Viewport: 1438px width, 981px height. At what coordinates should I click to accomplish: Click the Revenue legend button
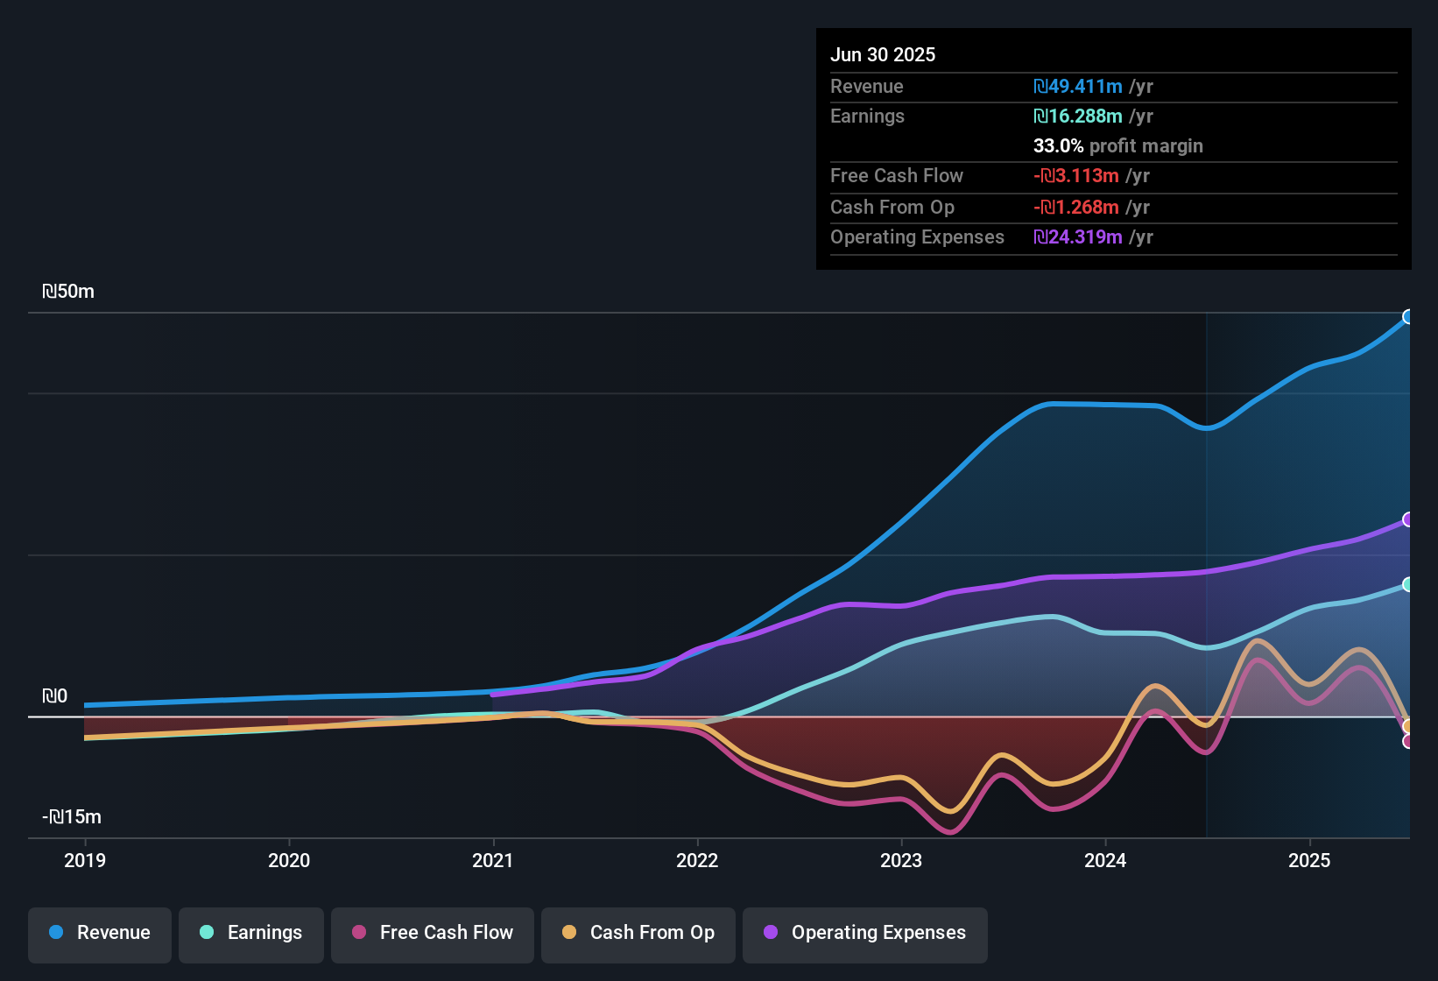click(x=100, y=933)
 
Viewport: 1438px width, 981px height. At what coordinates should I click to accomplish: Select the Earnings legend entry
click(x=251, y=933)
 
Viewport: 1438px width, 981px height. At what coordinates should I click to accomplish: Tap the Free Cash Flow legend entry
click(x=433, y=933)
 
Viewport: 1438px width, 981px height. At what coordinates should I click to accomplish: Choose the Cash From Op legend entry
click(x=638, y=933)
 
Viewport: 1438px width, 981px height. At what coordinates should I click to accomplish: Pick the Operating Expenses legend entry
click(x=865, y=933)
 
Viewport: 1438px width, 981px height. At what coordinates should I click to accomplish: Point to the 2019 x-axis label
click(x=85, y=860)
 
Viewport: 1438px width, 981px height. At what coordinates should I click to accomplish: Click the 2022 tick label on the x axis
click(x=697, y=860)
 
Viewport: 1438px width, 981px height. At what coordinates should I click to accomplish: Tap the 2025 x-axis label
click(x=1309, y=860)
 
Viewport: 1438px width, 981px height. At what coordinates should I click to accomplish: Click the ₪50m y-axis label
click(x=68, y=292)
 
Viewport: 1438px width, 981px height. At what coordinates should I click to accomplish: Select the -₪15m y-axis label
click(x=72, y=817)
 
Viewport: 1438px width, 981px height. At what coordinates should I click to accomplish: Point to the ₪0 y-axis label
click(x=54, y=696)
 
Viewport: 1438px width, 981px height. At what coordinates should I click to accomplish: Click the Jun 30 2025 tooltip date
click(x=883, y=54)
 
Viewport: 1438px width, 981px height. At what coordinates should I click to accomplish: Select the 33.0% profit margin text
click(x=1117, y=146)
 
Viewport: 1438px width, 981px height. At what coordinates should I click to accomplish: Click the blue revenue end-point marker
click(x=1407, y=317)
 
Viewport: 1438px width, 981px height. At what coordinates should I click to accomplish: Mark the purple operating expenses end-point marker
click(x=1407, y=519)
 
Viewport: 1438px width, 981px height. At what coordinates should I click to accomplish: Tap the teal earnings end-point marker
click(x=1407, y=584)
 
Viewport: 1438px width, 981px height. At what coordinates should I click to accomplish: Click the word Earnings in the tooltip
click(x=867, y=116)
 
